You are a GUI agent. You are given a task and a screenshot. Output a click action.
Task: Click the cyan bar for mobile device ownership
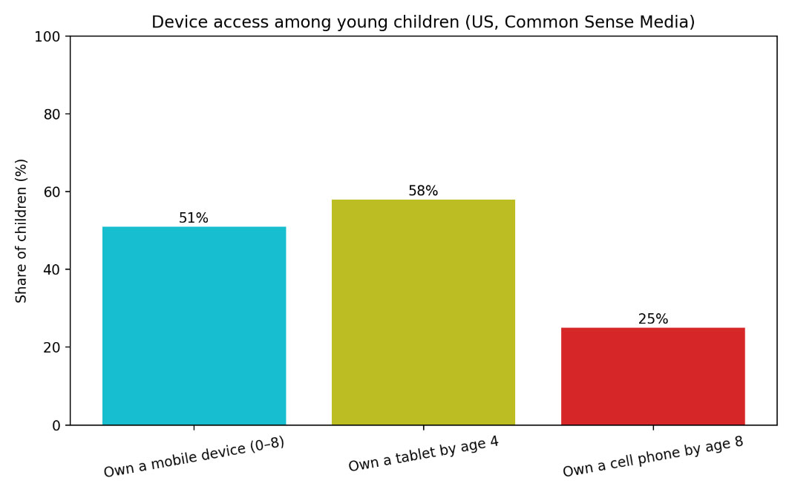click(x=194, y=326)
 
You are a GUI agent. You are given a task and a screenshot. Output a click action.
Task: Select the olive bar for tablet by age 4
click(x=423, y=312)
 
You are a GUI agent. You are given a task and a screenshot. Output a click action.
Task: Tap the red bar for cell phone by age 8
click(x=652, y=376)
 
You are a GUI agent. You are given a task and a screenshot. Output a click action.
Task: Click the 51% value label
click(x=194, y=218)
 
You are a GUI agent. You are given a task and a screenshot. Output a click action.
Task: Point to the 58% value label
click(x=423, y=191)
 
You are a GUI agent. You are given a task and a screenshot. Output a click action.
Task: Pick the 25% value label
click(x=652, y=319)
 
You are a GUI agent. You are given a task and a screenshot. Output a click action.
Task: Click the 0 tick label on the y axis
click(x=57, y=425)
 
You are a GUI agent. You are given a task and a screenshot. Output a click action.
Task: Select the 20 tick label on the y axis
click(x=53, y=347)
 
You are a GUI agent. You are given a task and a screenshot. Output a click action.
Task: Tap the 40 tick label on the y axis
click(x=53, y=269)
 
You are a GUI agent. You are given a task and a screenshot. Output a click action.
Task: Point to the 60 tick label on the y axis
click(x=53, y=191)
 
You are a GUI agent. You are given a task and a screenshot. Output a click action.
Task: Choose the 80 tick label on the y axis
click(x=53, y=114)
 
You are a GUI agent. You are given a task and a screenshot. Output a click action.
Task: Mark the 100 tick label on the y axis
click(x=50, y=36)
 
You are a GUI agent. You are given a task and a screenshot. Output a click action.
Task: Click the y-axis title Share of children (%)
click(x=22, y=230)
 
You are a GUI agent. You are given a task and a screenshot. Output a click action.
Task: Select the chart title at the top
click(x=423, y=22)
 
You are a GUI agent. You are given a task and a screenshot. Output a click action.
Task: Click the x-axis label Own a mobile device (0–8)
click(x=194, y=457)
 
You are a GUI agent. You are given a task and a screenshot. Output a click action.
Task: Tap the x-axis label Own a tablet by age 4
click(x=423, y=454)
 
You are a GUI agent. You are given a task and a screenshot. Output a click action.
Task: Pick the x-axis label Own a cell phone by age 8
click(x=652, y=456)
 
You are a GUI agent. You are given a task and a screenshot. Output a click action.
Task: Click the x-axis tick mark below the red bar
click(x=652, y=428)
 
